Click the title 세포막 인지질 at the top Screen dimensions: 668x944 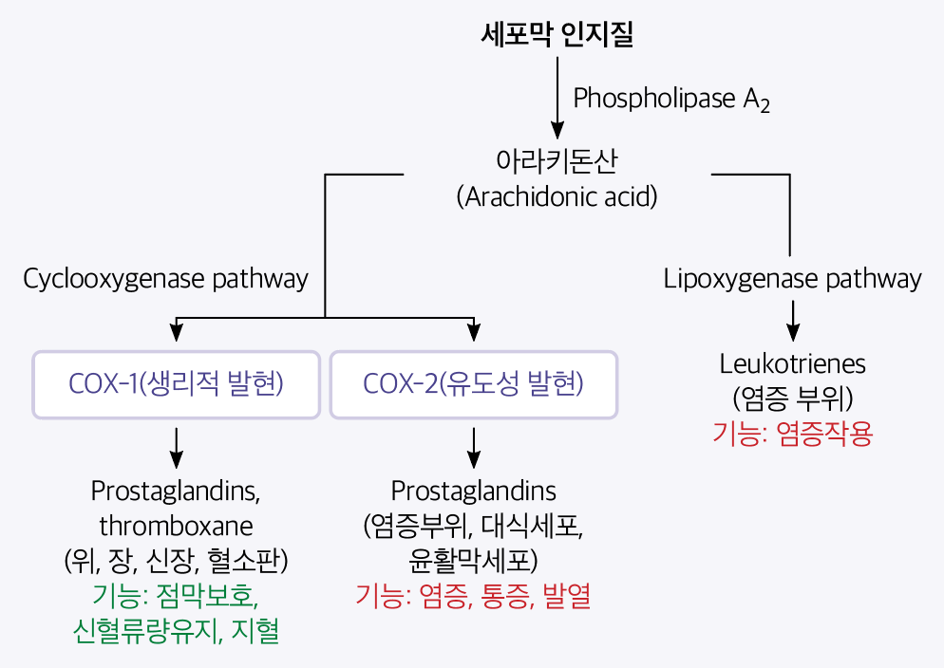[x=557, y=36]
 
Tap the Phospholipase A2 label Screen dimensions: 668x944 [x=670, y=99]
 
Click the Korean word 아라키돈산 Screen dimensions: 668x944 [x=557, y=160]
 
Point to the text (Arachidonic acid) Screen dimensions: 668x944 [x=557, y=197]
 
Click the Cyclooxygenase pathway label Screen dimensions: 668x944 [x=165, y=279]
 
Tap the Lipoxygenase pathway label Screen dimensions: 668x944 [x=792, y=279]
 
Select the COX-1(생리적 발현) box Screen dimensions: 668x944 [x=177, y=384]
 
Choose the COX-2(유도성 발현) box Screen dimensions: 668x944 [x=473, y=384]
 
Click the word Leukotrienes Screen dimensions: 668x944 [x=792, y=363]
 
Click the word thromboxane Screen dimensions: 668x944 [x=176, y=525]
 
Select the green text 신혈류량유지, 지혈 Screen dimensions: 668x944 [x=176, y=630]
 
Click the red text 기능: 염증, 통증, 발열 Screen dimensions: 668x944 [x=473, y=596]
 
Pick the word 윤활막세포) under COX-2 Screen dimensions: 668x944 [x=473, y=560]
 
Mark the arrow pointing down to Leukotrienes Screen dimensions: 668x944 [x=793, y=320]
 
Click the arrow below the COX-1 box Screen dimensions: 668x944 [x=176, y=447]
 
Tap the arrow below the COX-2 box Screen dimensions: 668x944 [x=473, y=447]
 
